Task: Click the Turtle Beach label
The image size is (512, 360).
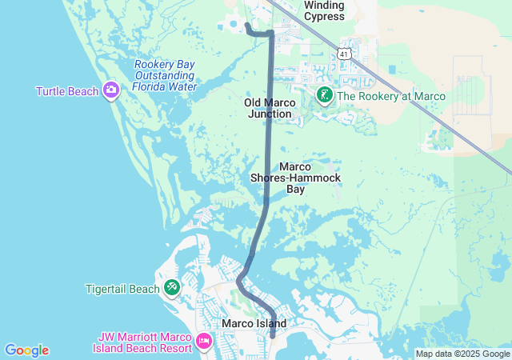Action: click(67, 91)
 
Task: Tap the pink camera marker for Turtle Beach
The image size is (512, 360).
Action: click(111, 90)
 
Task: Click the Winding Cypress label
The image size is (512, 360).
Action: click(324, 10)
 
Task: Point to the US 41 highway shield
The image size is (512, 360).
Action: click(343, 54)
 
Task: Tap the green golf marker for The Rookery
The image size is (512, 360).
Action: click(324, 97)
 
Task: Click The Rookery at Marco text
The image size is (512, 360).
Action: click(391, 97)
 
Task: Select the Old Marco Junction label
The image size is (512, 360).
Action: click(270, 108)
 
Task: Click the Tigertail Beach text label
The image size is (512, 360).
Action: click(123, 288)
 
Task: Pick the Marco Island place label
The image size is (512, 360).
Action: click(254, 323)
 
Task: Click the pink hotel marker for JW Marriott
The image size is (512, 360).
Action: click(203, 342)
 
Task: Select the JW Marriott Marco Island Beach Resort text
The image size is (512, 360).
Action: click(145, 342)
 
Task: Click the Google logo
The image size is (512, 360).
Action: click(26, 350)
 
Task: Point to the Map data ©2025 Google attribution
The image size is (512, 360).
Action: click(462, 354)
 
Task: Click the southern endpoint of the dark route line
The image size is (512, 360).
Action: click(272, 334)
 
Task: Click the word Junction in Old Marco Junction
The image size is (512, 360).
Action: click(270, 114)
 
